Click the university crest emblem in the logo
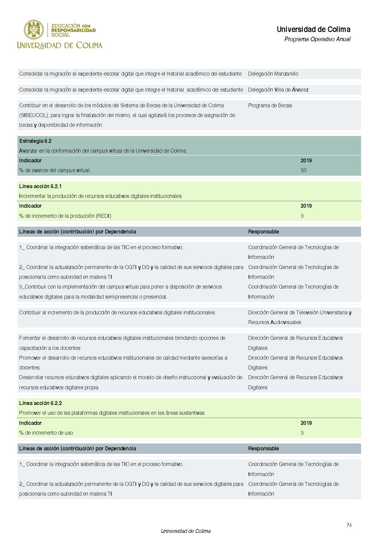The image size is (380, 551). [x=34, y=30]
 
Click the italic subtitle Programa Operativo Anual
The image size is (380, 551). [x=317, y=39]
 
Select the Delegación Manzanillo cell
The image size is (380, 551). [x=273, y=74]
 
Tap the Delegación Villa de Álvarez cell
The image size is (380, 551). [x=278, y=90]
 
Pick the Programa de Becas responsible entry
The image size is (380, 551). [x=270, y=105]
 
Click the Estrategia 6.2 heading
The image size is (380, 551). [x=35, y=141]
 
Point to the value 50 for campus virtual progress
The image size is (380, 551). [x=304, y=170]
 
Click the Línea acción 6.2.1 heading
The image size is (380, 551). [x=40, y=186]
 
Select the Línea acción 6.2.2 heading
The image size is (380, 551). [x=40, y=403]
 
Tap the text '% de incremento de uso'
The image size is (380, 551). [x=46, y=433]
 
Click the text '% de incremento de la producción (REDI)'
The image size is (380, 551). [x=65, y=216]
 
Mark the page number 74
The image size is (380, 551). [x=349, y=525]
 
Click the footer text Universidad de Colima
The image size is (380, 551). [x=186, y=531]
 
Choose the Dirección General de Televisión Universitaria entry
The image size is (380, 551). [x=300, y=313]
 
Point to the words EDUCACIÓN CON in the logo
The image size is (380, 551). [x=71, y=26]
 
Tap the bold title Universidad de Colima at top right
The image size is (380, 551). [x=313, y=29]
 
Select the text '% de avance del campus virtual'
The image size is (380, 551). [x=54, y=170]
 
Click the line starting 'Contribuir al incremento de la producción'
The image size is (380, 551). [x=117, y=313]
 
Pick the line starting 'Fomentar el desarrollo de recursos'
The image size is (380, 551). [x=122, y=338]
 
